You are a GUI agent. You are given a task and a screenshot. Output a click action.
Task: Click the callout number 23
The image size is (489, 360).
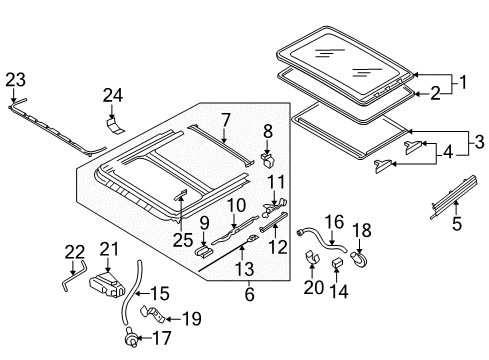pos(15,80)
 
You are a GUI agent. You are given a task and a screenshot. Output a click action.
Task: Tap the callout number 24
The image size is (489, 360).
pos(113,95)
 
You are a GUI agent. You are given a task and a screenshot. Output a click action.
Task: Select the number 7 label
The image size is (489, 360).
pos(226,121)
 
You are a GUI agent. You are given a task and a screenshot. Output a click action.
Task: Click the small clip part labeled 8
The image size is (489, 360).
pos(268,159)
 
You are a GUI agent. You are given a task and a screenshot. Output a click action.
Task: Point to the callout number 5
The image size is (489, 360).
pos(457,223)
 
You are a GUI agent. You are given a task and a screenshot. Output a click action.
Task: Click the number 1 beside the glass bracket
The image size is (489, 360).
pos(462,82)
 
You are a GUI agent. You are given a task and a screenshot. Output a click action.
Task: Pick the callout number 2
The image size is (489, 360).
pos(435,94)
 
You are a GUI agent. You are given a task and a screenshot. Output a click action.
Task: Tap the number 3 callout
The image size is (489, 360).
pos(479,142)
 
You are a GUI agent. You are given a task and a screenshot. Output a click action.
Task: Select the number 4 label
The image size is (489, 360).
pos(448,152)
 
